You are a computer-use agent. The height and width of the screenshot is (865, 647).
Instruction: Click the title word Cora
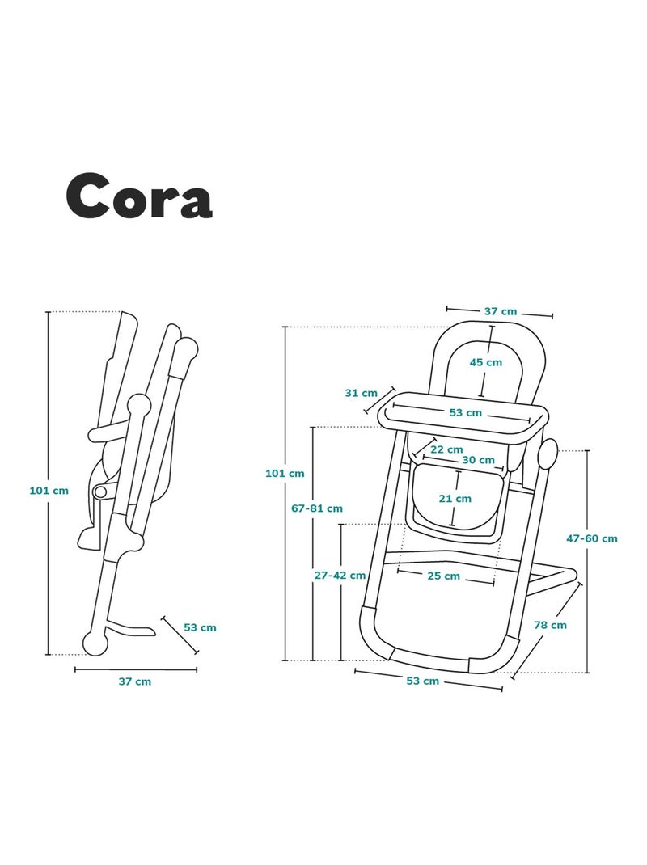(x=138, y=196)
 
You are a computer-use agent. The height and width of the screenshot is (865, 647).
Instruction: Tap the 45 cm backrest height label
(x=486, y=362)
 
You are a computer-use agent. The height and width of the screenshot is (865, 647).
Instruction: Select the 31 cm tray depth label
(x=361, y=394)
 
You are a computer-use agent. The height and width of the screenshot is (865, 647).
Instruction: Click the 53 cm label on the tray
(x=465, y=412)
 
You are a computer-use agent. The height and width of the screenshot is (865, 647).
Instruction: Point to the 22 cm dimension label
(x=446, y=449)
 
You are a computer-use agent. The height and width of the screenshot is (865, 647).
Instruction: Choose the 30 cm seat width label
(x=479, y=460)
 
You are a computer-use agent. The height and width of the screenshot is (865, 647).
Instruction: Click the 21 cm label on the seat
(x=455, y=499)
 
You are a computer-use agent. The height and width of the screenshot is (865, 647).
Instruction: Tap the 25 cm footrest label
(x=444, y=576)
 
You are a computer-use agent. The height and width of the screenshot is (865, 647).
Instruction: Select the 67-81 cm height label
(x=317, y=508)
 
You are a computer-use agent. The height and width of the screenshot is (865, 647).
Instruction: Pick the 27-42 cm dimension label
(x=340, y=576)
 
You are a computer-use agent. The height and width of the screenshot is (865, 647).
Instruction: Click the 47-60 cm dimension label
(x=592, y=538)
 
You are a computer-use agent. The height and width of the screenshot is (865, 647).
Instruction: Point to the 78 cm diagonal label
(x=551, y=625)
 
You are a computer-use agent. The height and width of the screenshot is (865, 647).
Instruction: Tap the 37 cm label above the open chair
(x=501, y=312)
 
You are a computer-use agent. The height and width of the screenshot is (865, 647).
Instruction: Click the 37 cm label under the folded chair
(x=135, y=681)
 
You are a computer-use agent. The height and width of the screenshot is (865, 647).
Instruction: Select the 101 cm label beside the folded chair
(x=49, y=491)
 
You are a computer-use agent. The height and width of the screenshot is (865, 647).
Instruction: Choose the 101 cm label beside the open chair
(x=285, y=473)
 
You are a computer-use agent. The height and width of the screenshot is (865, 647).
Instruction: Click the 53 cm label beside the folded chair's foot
(x=200, y=628)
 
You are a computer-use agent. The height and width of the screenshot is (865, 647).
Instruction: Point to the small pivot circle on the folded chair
(x=99, y=491)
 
